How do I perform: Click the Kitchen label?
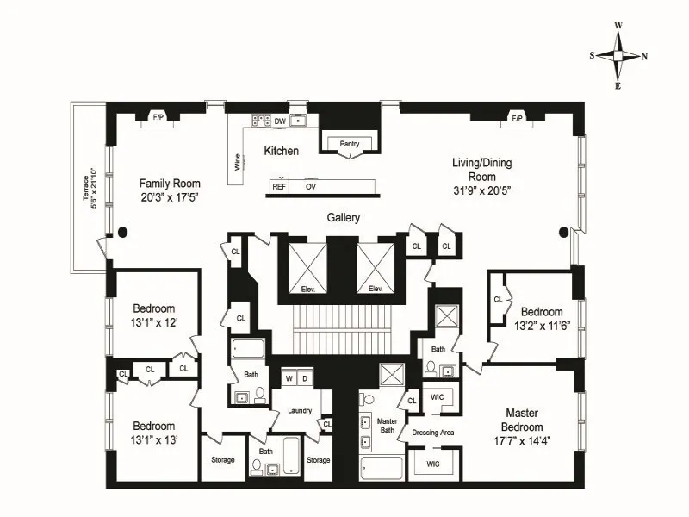click(x=281, y=152)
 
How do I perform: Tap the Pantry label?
click(x=350, y=144)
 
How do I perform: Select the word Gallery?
click(x=343, y=218)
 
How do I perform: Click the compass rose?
click(x=618, y=55)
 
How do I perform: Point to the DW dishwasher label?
click(x=280, y=121)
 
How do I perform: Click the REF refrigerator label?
click(x=279, y=186)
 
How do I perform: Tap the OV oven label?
click(x=310, y=186)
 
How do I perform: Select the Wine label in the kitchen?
click(x=237, y=164)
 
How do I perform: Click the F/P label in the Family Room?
click(x=158, y=116)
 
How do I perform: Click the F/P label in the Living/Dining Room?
click(x=517, y=117)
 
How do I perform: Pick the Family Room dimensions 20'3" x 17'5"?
click(x=171, y=197)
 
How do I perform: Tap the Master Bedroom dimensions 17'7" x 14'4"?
click(x=523, y=441)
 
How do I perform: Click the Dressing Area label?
click(x=432, y=432)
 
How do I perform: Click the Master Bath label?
click(x=387, y=423)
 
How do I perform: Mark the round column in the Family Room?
click(x=123, y=231)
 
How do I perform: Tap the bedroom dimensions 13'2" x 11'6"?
click(x=541, y=327)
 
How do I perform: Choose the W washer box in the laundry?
click(x=289, y=378)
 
